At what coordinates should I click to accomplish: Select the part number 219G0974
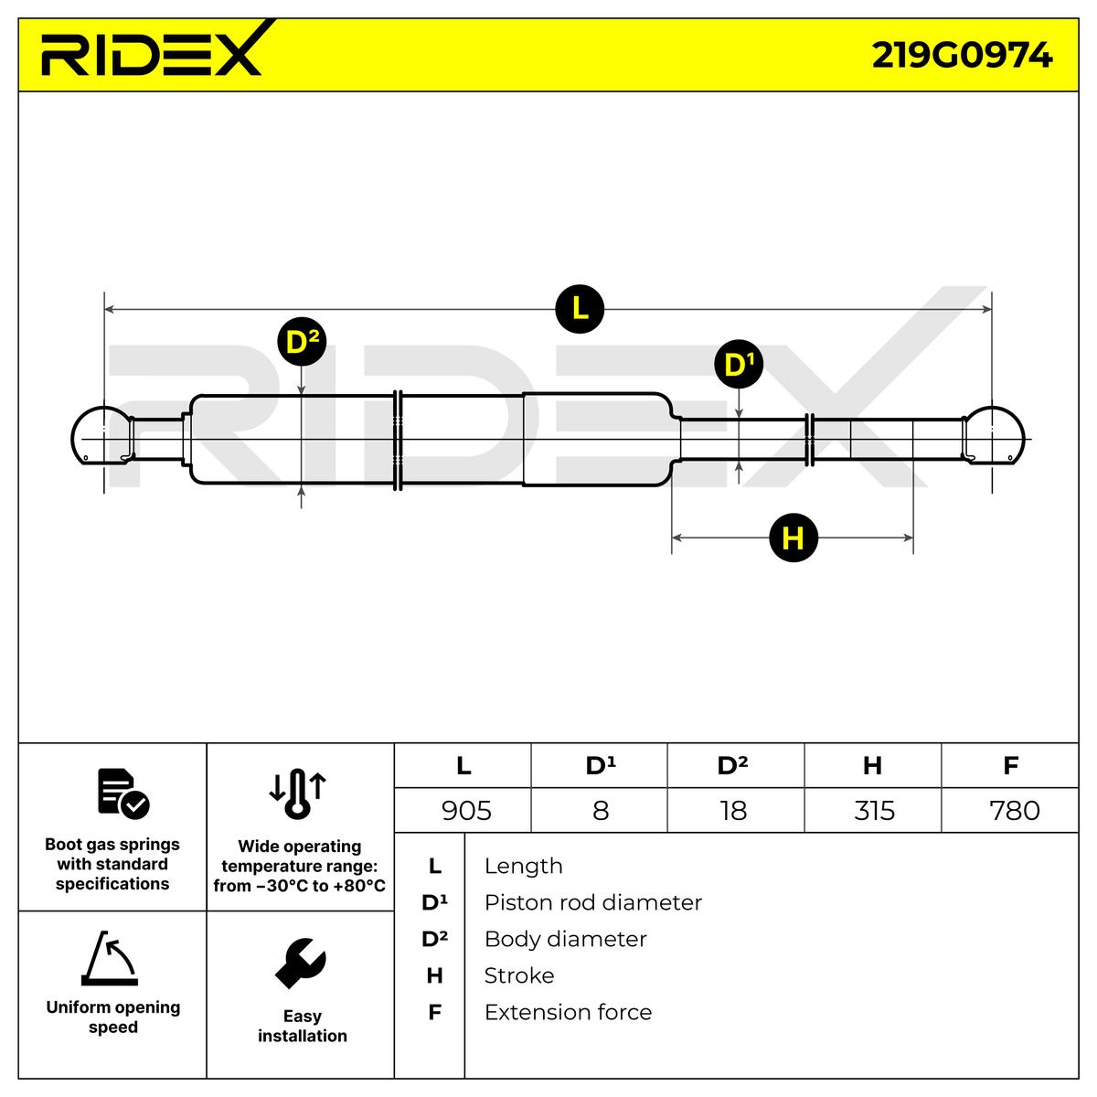[x=962, y=56]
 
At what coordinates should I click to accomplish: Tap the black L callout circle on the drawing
[x=580, y=309]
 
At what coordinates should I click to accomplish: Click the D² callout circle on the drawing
[x=302, y=342]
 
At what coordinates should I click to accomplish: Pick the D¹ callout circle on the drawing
[x=738, y=365]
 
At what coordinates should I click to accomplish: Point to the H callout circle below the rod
[x=793, y=538]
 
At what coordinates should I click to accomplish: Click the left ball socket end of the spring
[x=99, y=437]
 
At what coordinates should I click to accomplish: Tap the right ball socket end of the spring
[x=996, y=437]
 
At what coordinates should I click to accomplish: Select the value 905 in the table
[x=466, y=810]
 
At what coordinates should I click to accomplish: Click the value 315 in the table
[x=874, y=810]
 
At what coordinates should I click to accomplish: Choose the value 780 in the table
[x=1015, y=810]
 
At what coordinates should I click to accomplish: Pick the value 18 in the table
[x=734, y=810]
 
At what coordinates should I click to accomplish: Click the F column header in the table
[x=1010, y=765]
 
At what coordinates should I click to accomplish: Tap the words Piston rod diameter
[x=592, y=902]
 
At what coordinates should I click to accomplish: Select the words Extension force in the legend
[x=568, y=1012]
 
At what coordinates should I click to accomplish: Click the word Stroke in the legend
[x=518, y=975]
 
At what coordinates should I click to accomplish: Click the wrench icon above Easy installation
[x=301, y=963]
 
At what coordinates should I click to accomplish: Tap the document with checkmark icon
[x=122, y=793]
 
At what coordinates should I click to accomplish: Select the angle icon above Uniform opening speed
[x=110, y=959]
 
